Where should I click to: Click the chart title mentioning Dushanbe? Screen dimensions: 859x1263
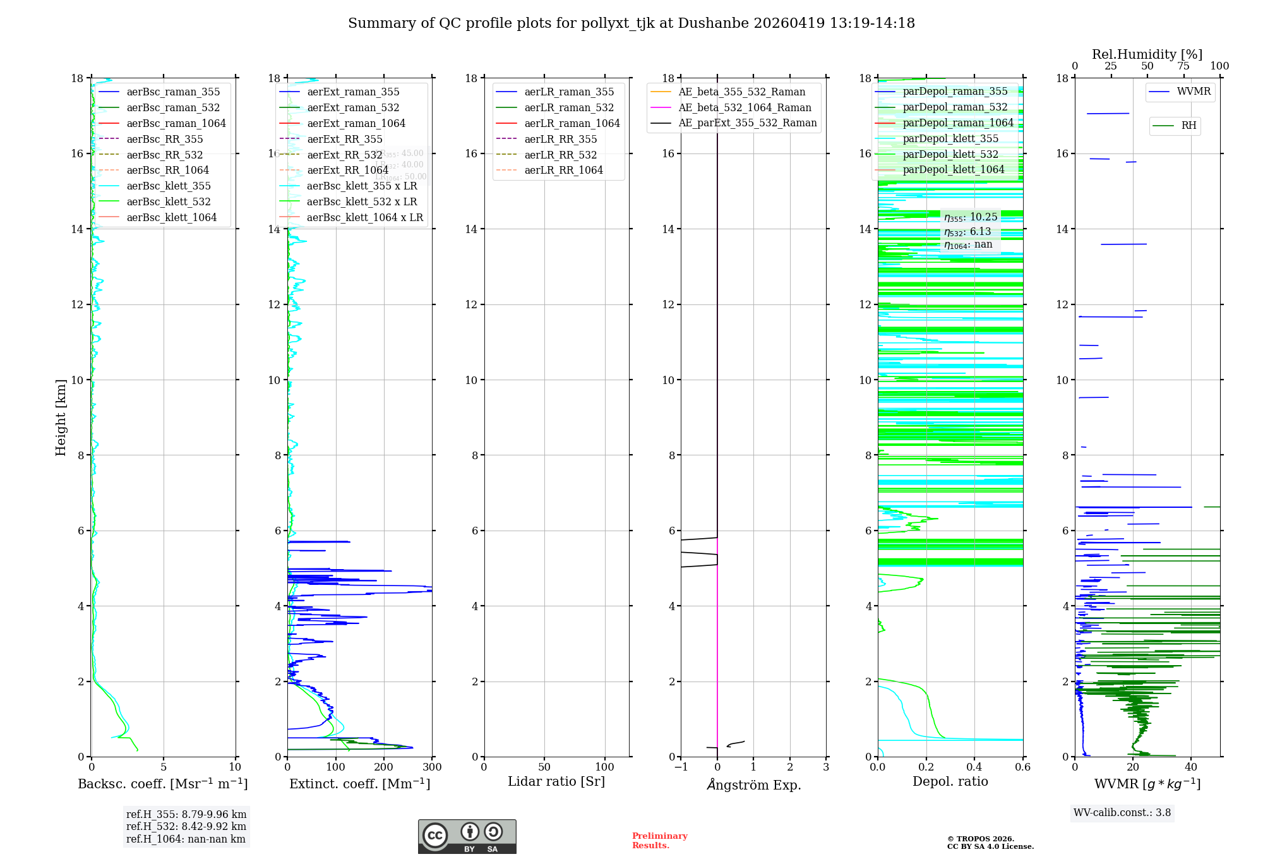631,23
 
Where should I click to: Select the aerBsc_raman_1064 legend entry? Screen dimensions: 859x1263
176,123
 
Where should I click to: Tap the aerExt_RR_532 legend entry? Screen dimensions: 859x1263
345,155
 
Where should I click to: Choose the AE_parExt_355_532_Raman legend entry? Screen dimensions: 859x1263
747,123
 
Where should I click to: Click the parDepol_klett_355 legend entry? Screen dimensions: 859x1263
950,138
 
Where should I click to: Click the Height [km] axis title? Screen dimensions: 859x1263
61,417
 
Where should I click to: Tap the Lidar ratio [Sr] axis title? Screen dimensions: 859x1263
556,781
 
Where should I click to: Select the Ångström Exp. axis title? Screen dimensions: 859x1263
753,784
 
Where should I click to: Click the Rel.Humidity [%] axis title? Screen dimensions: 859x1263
1147,54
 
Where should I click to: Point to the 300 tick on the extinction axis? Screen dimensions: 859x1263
433,767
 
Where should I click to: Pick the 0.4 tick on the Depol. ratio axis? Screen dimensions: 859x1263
974,767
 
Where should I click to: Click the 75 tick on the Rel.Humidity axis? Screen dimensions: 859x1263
1183,66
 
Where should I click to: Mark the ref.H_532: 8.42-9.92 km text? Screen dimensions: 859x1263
186,826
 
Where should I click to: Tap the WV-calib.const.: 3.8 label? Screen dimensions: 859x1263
1122,812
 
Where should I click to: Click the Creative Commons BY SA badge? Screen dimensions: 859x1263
467,836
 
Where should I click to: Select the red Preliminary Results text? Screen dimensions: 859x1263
659,840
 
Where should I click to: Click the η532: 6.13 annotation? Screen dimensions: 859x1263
968,232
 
